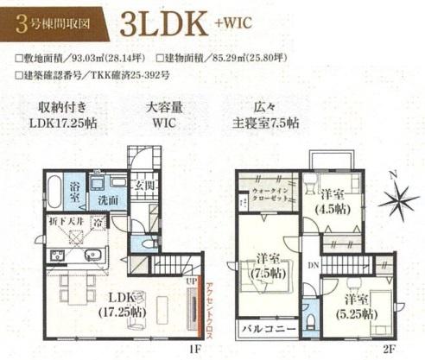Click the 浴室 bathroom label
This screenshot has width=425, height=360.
coord(75,190)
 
